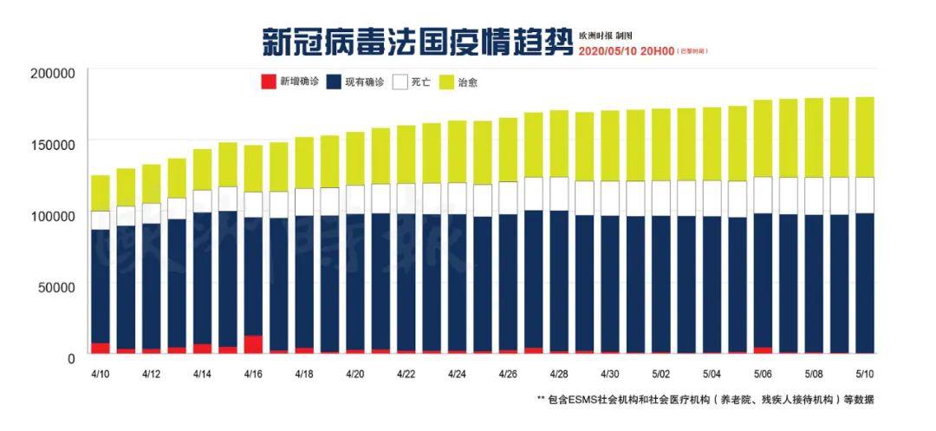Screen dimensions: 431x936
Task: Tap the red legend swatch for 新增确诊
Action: point(268,82)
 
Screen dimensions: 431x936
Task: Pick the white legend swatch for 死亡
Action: point(399,82)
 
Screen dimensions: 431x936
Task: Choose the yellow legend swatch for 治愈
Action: point(446,82)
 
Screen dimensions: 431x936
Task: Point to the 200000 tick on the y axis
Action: point(53,73)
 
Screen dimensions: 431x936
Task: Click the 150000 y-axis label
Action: point(53,144)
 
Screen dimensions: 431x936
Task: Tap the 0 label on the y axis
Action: point(71,357)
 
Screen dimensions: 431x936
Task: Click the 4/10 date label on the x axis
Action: point(101,374)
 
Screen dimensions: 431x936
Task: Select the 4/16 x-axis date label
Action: point(253,374)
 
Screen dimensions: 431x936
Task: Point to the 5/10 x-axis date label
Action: point(864,374)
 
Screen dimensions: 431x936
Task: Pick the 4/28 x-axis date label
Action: point(559,374)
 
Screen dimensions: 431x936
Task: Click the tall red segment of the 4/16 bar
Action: point(253,344)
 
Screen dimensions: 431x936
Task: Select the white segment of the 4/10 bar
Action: point(101,220)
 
